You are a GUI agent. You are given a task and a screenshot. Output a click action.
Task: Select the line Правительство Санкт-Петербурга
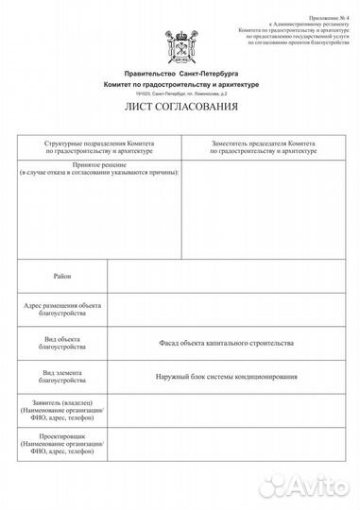(x=180, y=73)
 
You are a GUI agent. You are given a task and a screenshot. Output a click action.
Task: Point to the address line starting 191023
(x=180, y=93)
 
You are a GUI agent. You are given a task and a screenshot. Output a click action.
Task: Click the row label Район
(x=62, y=275)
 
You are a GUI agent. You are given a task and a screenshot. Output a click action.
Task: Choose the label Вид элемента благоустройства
(x=62, y=377)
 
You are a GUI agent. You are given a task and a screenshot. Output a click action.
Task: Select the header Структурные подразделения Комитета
(x=99, y=146)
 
